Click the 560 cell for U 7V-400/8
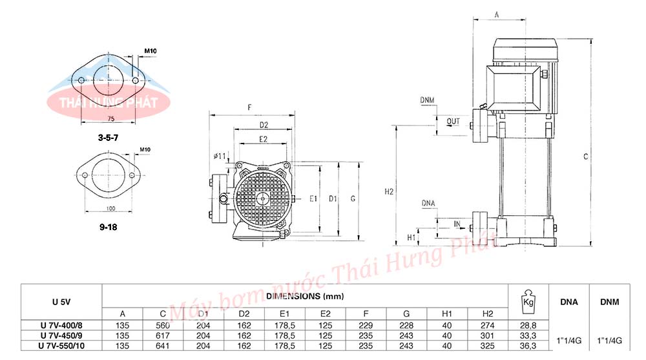pyautogui.click(x=163, y=325)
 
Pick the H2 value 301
pyautogui.click(x=487, y=335)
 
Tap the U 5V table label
pyautogui.click(x=62, y=302)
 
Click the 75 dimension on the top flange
pyautogui.click(x=110, y=120)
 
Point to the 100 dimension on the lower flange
pyautogui.click(x=110, y=208)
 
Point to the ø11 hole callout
pyautogui.click(x=219, y=156)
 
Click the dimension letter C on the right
pyautogui.click(x=585, y=156)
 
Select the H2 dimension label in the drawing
pyautogui.click(x=389, y=192)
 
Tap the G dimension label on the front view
pyautogui.click(x=353, y=198)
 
